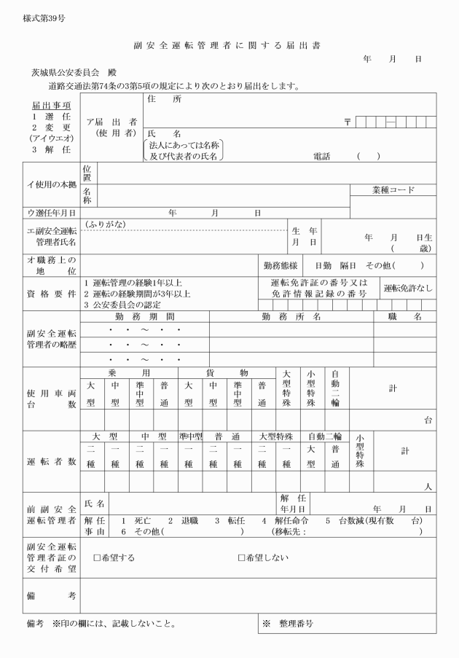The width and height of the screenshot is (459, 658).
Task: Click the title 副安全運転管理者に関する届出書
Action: pos(227,46)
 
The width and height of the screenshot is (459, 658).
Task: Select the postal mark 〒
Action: pos(349,121)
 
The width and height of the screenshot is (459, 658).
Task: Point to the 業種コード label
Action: pos(392,190)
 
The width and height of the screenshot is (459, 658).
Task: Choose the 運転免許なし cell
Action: pos(407,287)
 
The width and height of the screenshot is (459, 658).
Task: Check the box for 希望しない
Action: pos(242,558)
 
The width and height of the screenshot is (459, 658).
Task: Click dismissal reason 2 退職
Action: pos(183,521)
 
